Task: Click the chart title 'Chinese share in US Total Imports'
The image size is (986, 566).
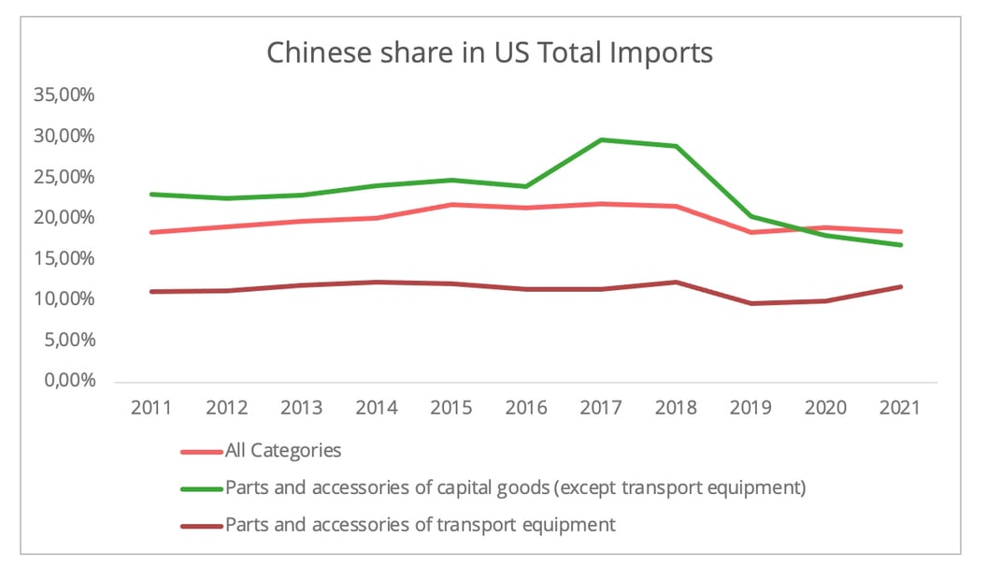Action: [x=490, y=52]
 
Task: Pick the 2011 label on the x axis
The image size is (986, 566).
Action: [x=151, y=408]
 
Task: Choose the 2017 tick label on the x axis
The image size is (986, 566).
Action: [x=601, y=408]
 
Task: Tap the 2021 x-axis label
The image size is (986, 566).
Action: [x=901, y=408]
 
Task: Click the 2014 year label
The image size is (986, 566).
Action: [x=376, y=408]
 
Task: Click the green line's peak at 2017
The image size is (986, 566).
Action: [x=601, y=139]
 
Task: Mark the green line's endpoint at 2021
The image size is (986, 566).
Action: [x=901, y=245]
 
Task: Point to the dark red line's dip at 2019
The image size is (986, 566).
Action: [x=751, y=303]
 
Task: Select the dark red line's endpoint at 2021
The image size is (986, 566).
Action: [x=901, y=286]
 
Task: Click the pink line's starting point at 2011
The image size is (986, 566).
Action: [x=151, y=232]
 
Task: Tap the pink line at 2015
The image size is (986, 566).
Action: [x=451, y=204]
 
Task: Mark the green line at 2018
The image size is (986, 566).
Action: [x=677, y=146]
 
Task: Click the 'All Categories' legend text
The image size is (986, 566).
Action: [x=283, y=450]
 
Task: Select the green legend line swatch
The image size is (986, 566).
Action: [x=201, y=487]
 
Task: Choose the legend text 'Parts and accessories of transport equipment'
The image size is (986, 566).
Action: [x=421, y=524]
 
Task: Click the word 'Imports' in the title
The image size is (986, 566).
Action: [x=660, y=52]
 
